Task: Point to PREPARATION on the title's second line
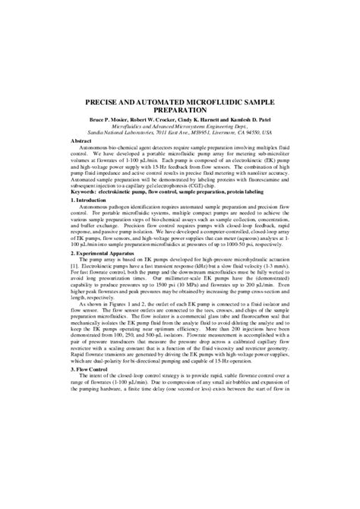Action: coord(179,111)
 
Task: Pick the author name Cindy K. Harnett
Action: coord(213,122)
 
